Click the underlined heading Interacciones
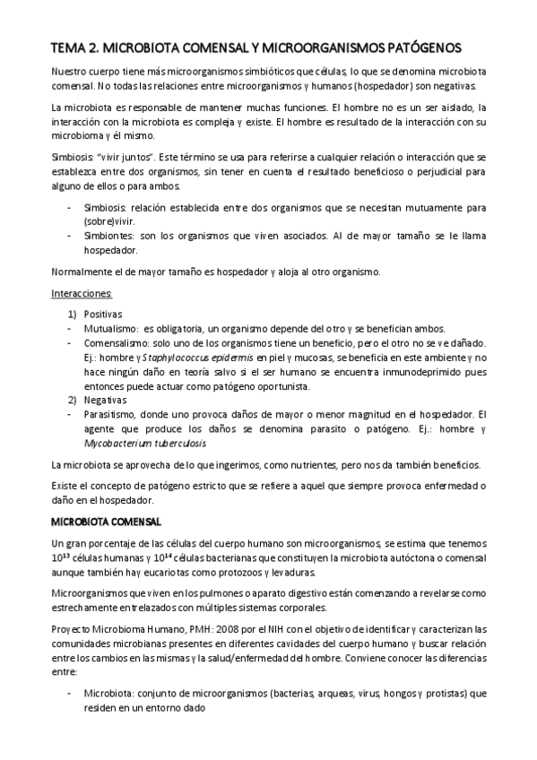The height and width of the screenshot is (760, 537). [x=81, y=293]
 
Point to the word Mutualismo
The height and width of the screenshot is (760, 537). [x=112, y=328]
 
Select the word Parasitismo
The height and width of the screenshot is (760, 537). [x=112, y=414]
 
